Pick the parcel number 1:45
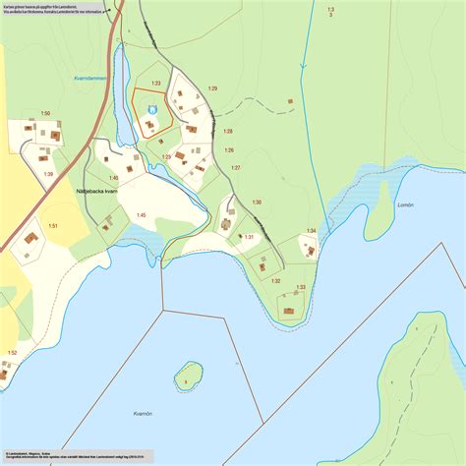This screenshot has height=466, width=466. [141, 215]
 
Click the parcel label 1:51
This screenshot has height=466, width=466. [53, 226]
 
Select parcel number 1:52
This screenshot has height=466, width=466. [12, 352]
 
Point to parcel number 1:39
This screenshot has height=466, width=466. [48, 174]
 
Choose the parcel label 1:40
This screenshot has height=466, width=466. [113, 178]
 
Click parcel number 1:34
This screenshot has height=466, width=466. [311, 231]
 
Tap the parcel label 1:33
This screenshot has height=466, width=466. [301, 287]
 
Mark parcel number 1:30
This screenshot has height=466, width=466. [257, 202]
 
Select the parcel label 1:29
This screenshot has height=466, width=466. [211, 89]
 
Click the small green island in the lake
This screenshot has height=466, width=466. [187, 374]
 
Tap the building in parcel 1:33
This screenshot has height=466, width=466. [289, 311]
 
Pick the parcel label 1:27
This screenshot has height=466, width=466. [236, 168]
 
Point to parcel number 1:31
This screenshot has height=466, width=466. [249, 237]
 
